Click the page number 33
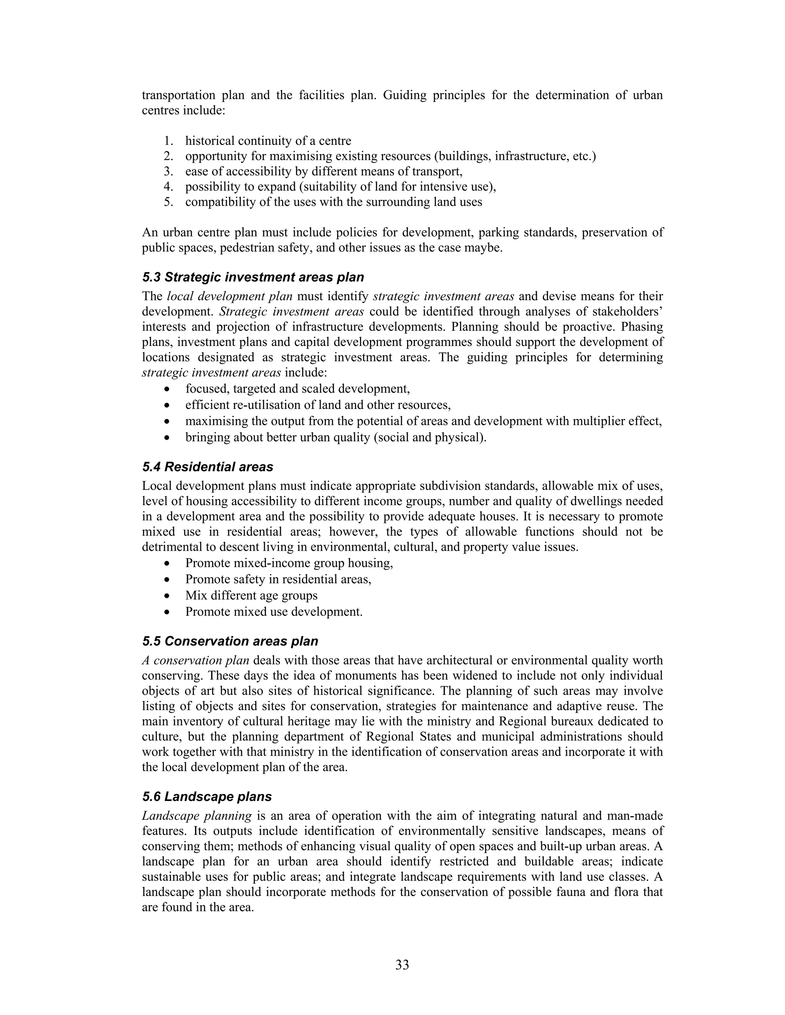pos(402,965)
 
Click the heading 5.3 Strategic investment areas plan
pos(253,277)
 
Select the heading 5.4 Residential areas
pos(208,467)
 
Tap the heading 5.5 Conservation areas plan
pos(230,641)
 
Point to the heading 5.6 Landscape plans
pos(207,797)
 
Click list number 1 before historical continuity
pos(168,141)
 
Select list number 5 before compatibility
pos(168,202)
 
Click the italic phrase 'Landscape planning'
pos(197,815)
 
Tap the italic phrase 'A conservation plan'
pos(195,660)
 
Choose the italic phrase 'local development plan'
pos(229,296)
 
